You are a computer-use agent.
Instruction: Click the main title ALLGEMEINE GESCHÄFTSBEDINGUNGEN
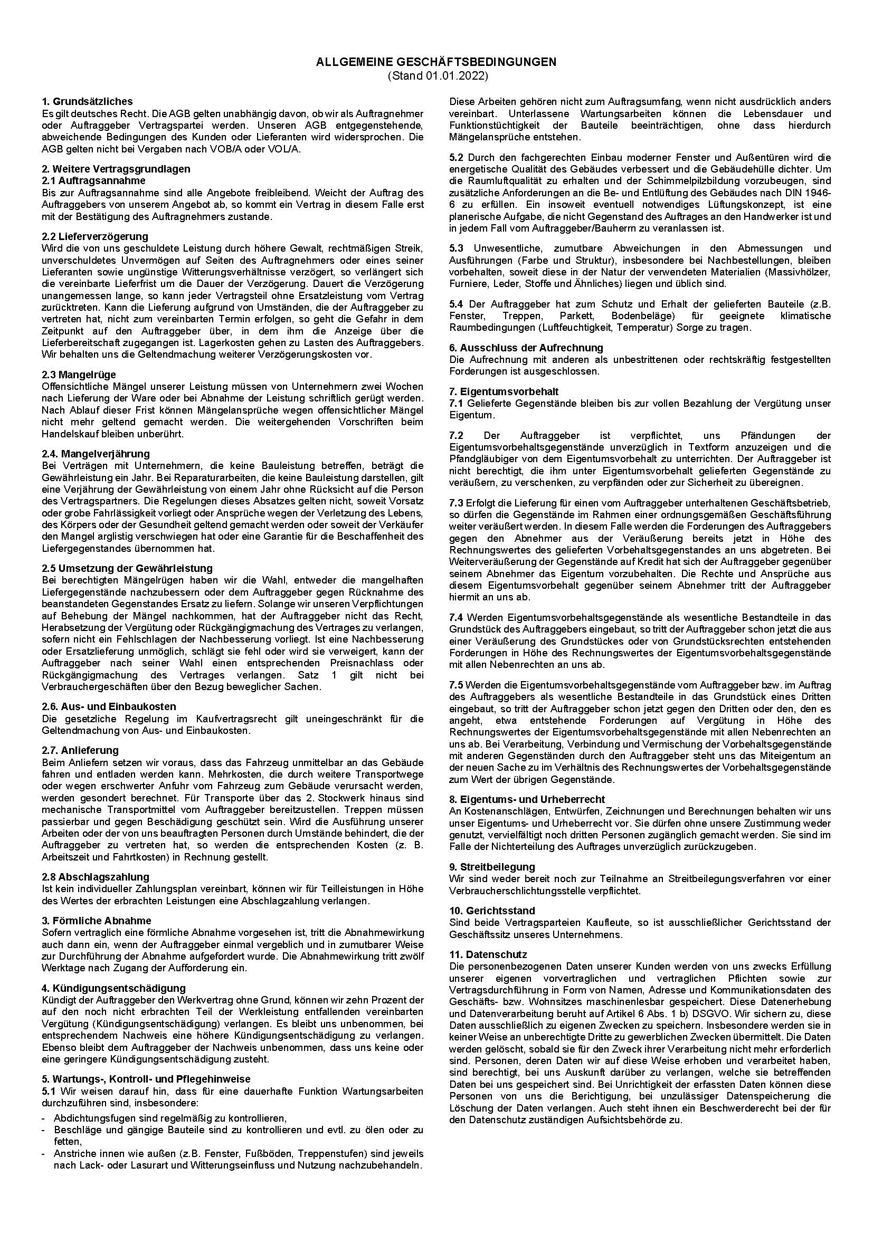(x=436, y=62)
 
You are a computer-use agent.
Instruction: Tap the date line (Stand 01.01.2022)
(x=436, y=76)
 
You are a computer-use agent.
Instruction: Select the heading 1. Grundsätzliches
(x=87, y=101)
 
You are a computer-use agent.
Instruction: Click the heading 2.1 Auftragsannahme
(x=93, y=180)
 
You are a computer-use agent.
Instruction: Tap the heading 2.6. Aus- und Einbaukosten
(x=109, y=706)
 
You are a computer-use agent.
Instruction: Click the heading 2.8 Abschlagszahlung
(x=96, y=877)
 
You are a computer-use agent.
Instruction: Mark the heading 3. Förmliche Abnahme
(x=96, y=921)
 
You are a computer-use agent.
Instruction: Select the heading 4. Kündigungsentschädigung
(x=113, y=988)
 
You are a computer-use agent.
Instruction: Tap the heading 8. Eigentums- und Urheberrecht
(x=527, y=799)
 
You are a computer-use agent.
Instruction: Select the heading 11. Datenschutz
(x=488, y=954)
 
